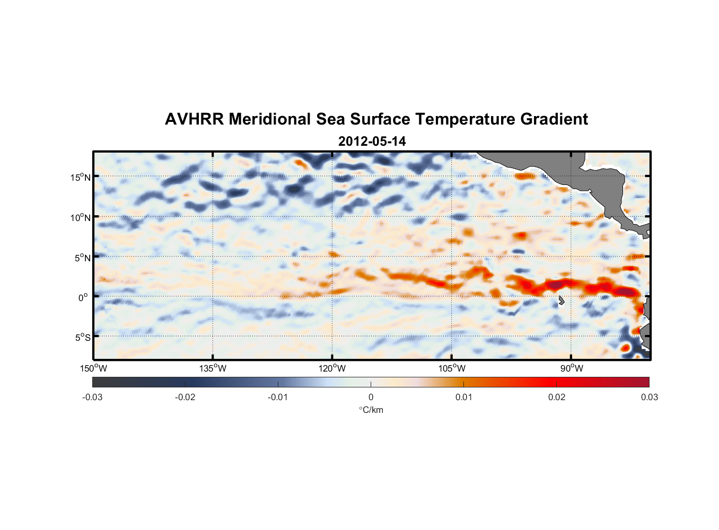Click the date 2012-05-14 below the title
[x=372, y=142]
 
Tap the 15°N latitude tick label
[x=81, y=177]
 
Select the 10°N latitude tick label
[x=81, y=217]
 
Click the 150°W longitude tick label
[x=93, y=368]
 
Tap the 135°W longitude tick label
[x=213, y=368]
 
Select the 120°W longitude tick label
[x=332, y=368]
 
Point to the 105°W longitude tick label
[x=452, y=368]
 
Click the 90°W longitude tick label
[x=572, y=368]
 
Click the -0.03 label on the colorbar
[x=92, y=397]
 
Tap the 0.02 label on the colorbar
[x=557, y=397]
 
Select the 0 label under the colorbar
[x=371, y=397]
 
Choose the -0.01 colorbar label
[x=278, y=397]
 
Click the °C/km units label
[x=371, y=410]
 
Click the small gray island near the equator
[x=561, y=301]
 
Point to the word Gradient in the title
[x=554, y=119]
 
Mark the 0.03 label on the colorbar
[x=649, y=397]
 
